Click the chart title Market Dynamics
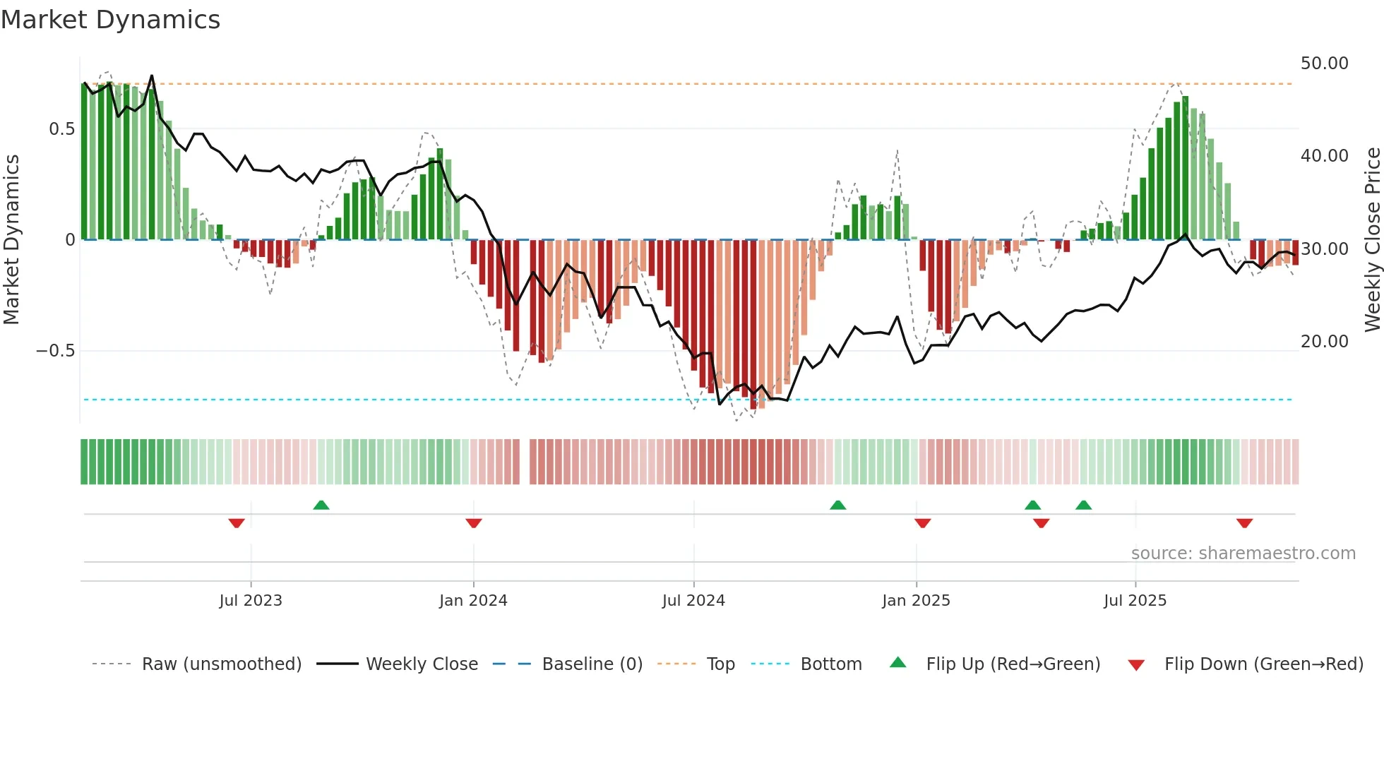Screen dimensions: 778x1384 110,20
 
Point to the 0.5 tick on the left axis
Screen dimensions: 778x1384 61,129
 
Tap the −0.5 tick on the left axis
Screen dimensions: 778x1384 56,351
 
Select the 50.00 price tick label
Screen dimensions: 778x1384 1324,64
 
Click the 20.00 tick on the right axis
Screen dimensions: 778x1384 1324,342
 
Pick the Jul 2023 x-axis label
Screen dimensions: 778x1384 251,601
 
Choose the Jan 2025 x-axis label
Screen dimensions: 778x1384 916,601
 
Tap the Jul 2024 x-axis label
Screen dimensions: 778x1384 693,601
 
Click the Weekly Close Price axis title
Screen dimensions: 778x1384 1372,239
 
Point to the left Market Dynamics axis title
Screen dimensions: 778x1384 11,239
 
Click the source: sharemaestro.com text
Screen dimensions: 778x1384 1243,553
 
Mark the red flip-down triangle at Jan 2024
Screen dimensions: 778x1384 474,523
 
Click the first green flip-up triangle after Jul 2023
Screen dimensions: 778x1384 321,505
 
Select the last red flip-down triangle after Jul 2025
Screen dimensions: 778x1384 1244,523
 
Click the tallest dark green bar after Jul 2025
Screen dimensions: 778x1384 1186,168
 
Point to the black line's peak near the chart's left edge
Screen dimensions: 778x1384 152,76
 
